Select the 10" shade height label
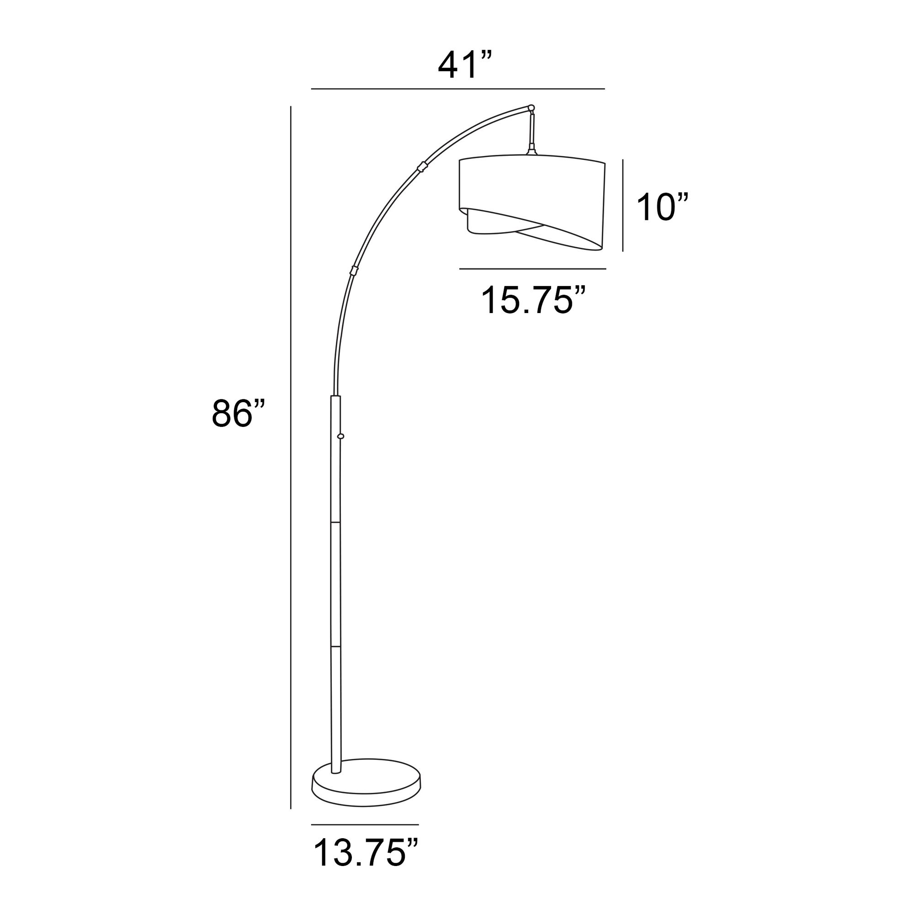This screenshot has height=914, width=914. (661, 207)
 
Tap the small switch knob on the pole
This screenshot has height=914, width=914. (340, 436)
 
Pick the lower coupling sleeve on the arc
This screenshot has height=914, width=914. (353, 271)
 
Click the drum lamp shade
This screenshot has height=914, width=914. (532, 189)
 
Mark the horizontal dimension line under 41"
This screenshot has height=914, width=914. (457, 89)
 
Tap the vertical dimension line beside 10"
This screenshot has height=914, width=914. (622, 205)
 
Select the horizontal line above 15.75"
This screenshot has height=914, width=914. (533, 269)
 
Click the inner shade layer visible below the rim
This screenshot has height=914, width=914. (492, 226)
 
